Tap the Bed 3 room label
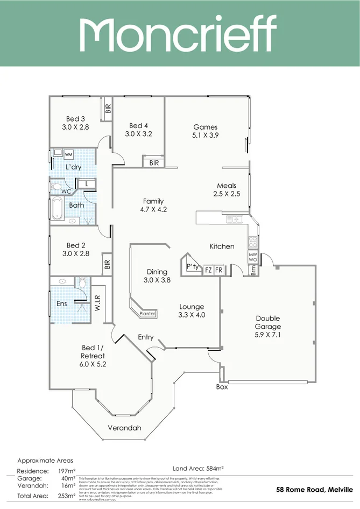click(76, 119)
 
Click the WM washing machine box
click(68, 155)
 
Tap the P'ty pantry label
click(192, 267)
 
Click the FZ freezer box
click(208, 271)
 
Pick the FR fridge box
click(218, 271)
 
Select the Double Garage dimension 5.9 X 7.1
click(268, 334)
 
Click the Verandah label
click(125, 428)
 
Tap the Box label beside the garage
click(222, 387)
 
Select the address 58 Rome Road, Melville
click(314, 490)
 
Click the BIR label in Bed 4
click(154, 162)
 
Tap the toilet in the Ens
click(82, 282)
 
